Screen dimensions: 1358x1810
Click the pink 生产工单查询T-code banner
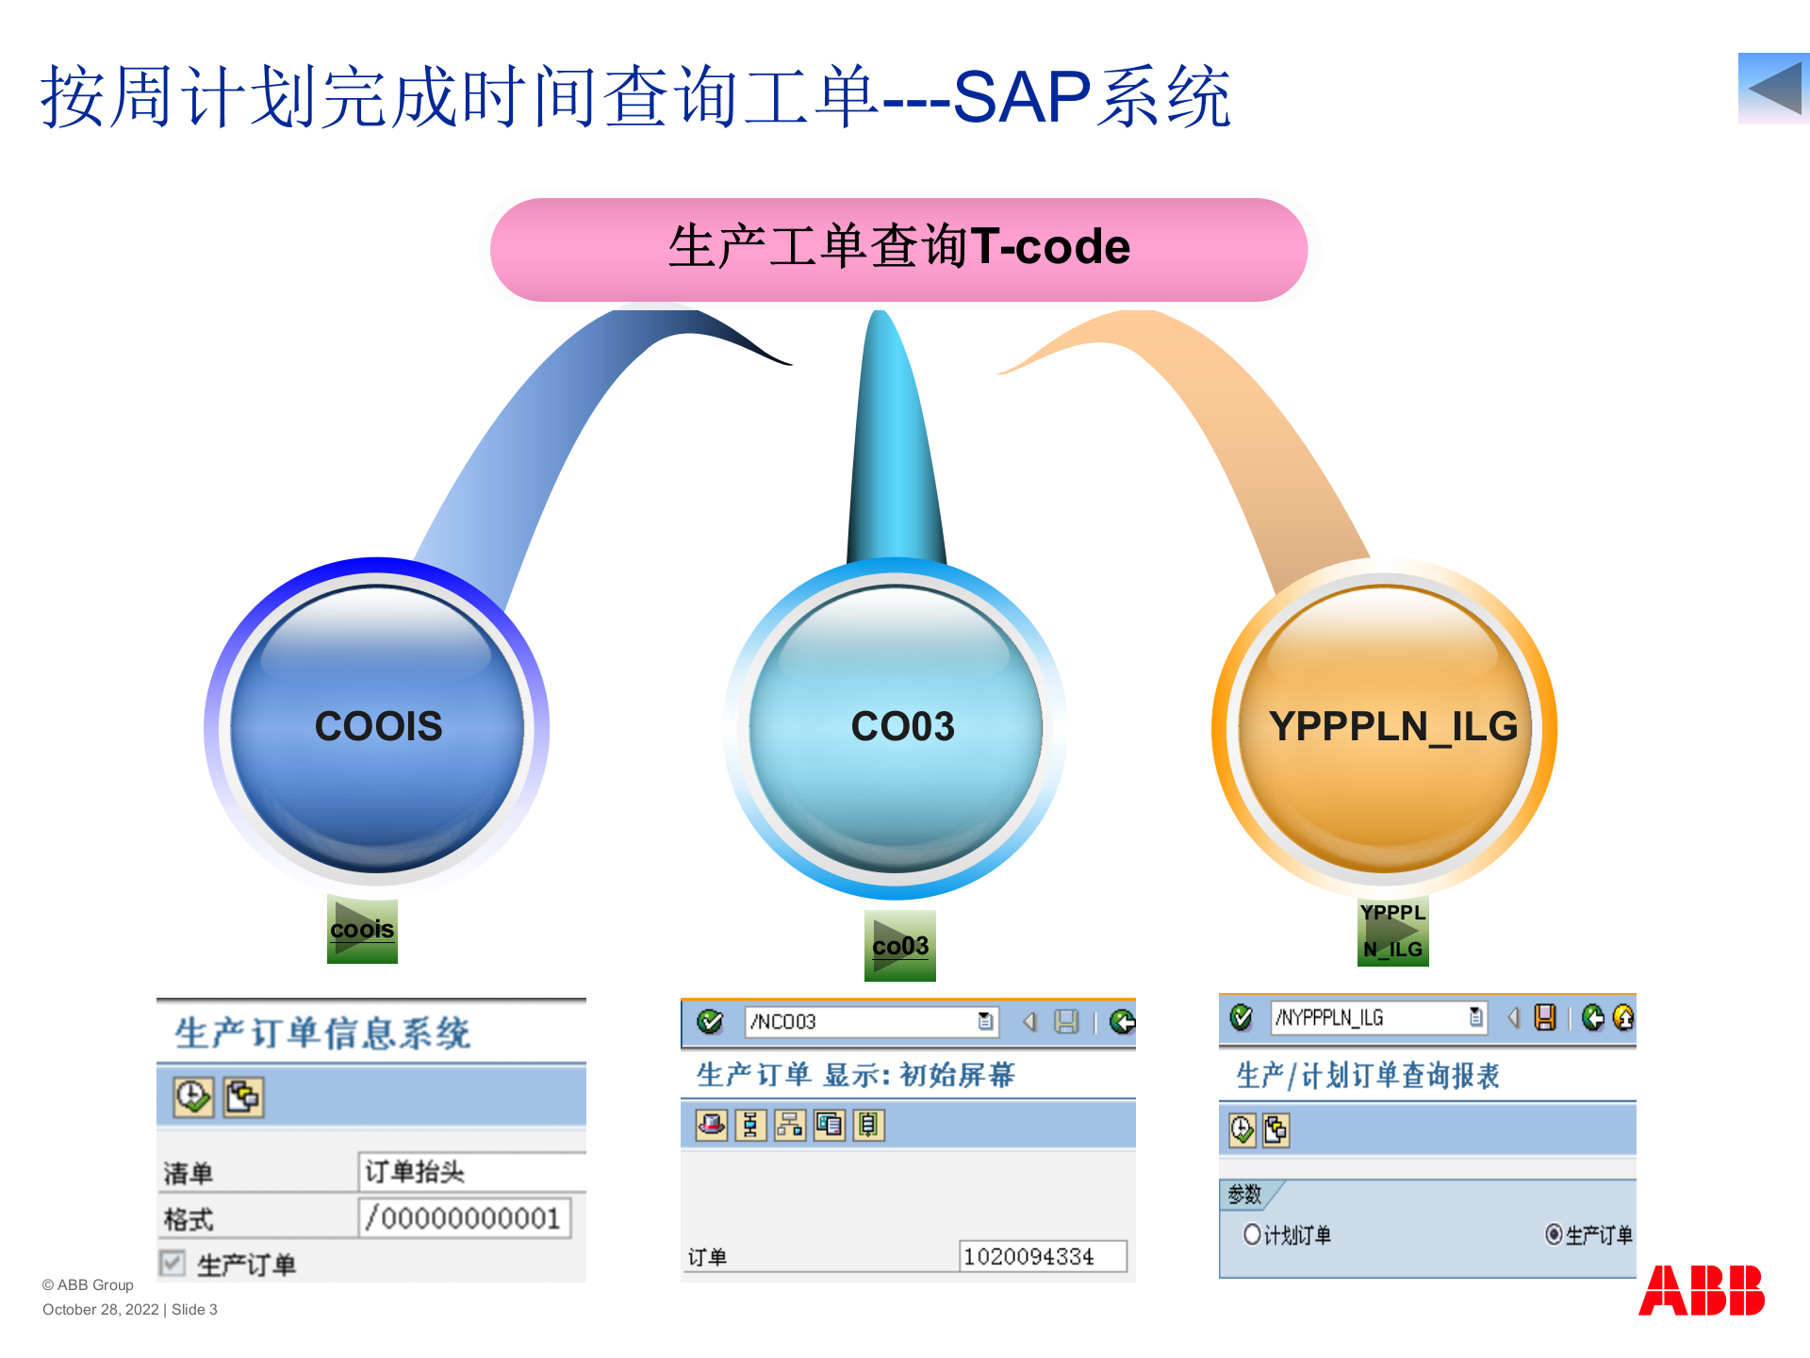pos(898,248)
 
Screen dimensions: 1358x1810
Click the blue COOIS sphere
pos(377,726)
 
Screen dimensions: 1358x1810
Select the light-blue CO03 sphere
pos(897,726)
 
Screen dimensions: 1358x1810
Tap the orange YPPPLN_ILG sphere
pos(1385,726)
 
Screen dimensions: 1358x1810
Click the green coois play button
pos(362,929)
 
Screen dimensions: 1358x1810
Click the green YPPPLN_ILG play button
pos(1392,931)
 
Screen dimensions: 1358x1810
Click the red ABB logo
pos(1702,1290)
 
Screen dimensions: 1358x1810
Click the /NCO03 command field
pos(863,1022)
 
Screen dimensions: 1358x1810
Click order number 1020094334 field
pos(1042,1256)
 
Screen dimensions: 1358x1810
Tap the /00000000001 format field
pos(464,1217)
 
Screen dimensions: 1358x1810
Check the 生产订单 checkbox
pos(173,1263)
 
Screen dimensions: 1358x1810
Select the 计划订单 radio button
pos(1252,1234)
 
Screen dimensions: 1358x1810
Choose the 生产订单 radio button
pos(1554,1234)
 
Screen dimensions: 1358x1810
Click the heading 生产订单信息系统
pos(322,1033)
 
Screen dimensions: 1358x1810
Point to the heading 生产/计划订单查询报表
pos(1367,1075)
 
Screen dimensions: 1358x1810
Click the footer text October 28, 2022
pos(101,1309)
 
